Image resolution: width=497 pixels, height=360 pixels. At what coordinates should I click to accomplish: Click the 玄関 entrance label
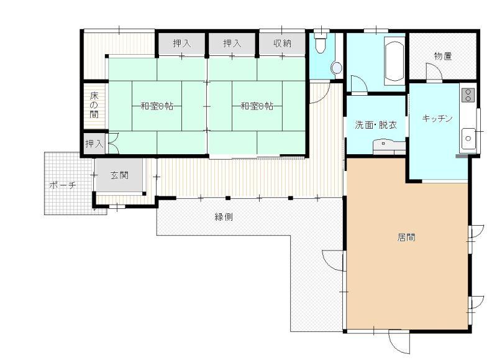point(119,175)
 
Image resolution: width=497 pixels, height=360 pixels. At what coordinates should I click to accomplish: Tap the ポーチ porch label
point(63,185)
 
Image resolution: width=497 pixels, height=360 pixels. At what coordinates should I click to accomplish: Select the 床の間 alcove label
point(94,105)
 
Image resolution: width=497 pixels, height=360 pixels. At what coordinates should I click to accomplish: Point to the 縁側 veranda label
point(224,217)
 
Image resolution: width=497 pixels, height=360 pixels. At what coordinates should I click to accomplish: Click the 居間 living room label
point(406,238)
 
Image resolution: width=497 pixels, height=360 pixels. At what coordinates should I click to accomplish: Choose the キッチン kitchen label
point(437,118)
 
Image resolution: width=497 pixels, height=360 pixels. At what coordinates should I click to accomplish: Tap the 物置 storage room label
point(443,56)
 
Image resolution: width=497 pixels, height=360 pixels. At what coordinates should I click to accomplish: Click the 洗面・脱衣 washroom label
point(376,124)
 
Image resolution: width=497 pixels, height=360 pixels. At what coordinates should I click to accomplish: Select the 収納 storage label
point(282,43)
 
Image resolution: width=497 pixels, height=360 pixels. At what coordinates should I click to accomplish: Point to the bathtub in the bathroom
point(394,61)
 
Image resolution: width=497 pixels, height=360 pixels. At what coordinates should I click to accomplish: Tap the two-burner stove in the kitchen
point(468,95)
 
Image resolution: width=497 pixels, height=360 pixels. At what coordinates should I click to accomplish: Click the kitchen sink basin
point(468,138)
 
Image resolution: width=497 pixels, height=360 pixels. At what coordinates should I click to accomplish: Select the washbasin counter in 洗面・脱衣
point(390,147)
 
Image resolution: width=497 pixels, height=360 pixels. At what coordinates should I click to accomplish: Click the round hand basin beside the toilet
point(336,68)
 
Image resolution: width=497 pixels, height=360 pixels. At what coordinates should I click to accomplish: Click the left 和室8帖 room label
point(157,106)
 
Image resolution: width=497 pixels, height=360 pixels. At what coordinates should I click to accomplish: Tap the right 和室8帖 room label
point(257,106)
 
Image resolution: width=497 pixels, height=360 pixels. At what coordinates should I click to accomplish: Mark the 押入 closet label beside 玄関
point(94,144)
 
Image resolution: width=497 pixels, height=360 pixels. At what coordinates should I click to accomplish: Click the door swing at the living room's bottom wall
point(399,342)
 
